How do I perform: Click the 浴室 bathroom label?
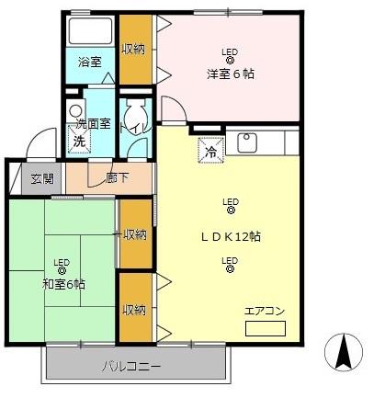pyautogui.click(x=89, y=63)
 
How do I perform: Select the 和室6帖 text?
pyautogui.click(x=62, y=284)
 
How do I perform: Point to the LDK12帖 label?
pyautogui.click(x=231, y=236)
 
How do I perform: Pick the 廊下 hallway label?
pyautogui.click(x=116, y=178)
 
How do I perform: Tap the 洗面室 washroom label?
pyautogui.click(x=93, y=124)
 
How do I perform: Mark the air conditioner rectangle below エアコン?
pyautogui.click(x=266, y=327)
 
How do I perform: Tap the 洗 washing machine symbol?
pyautogui.click(x=78, y=142)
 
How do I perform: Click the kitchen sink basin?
pyautogui.click(x=246, y=142)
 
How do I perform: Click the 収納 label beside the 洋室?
pyautogui.click(x=134, y=49)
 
